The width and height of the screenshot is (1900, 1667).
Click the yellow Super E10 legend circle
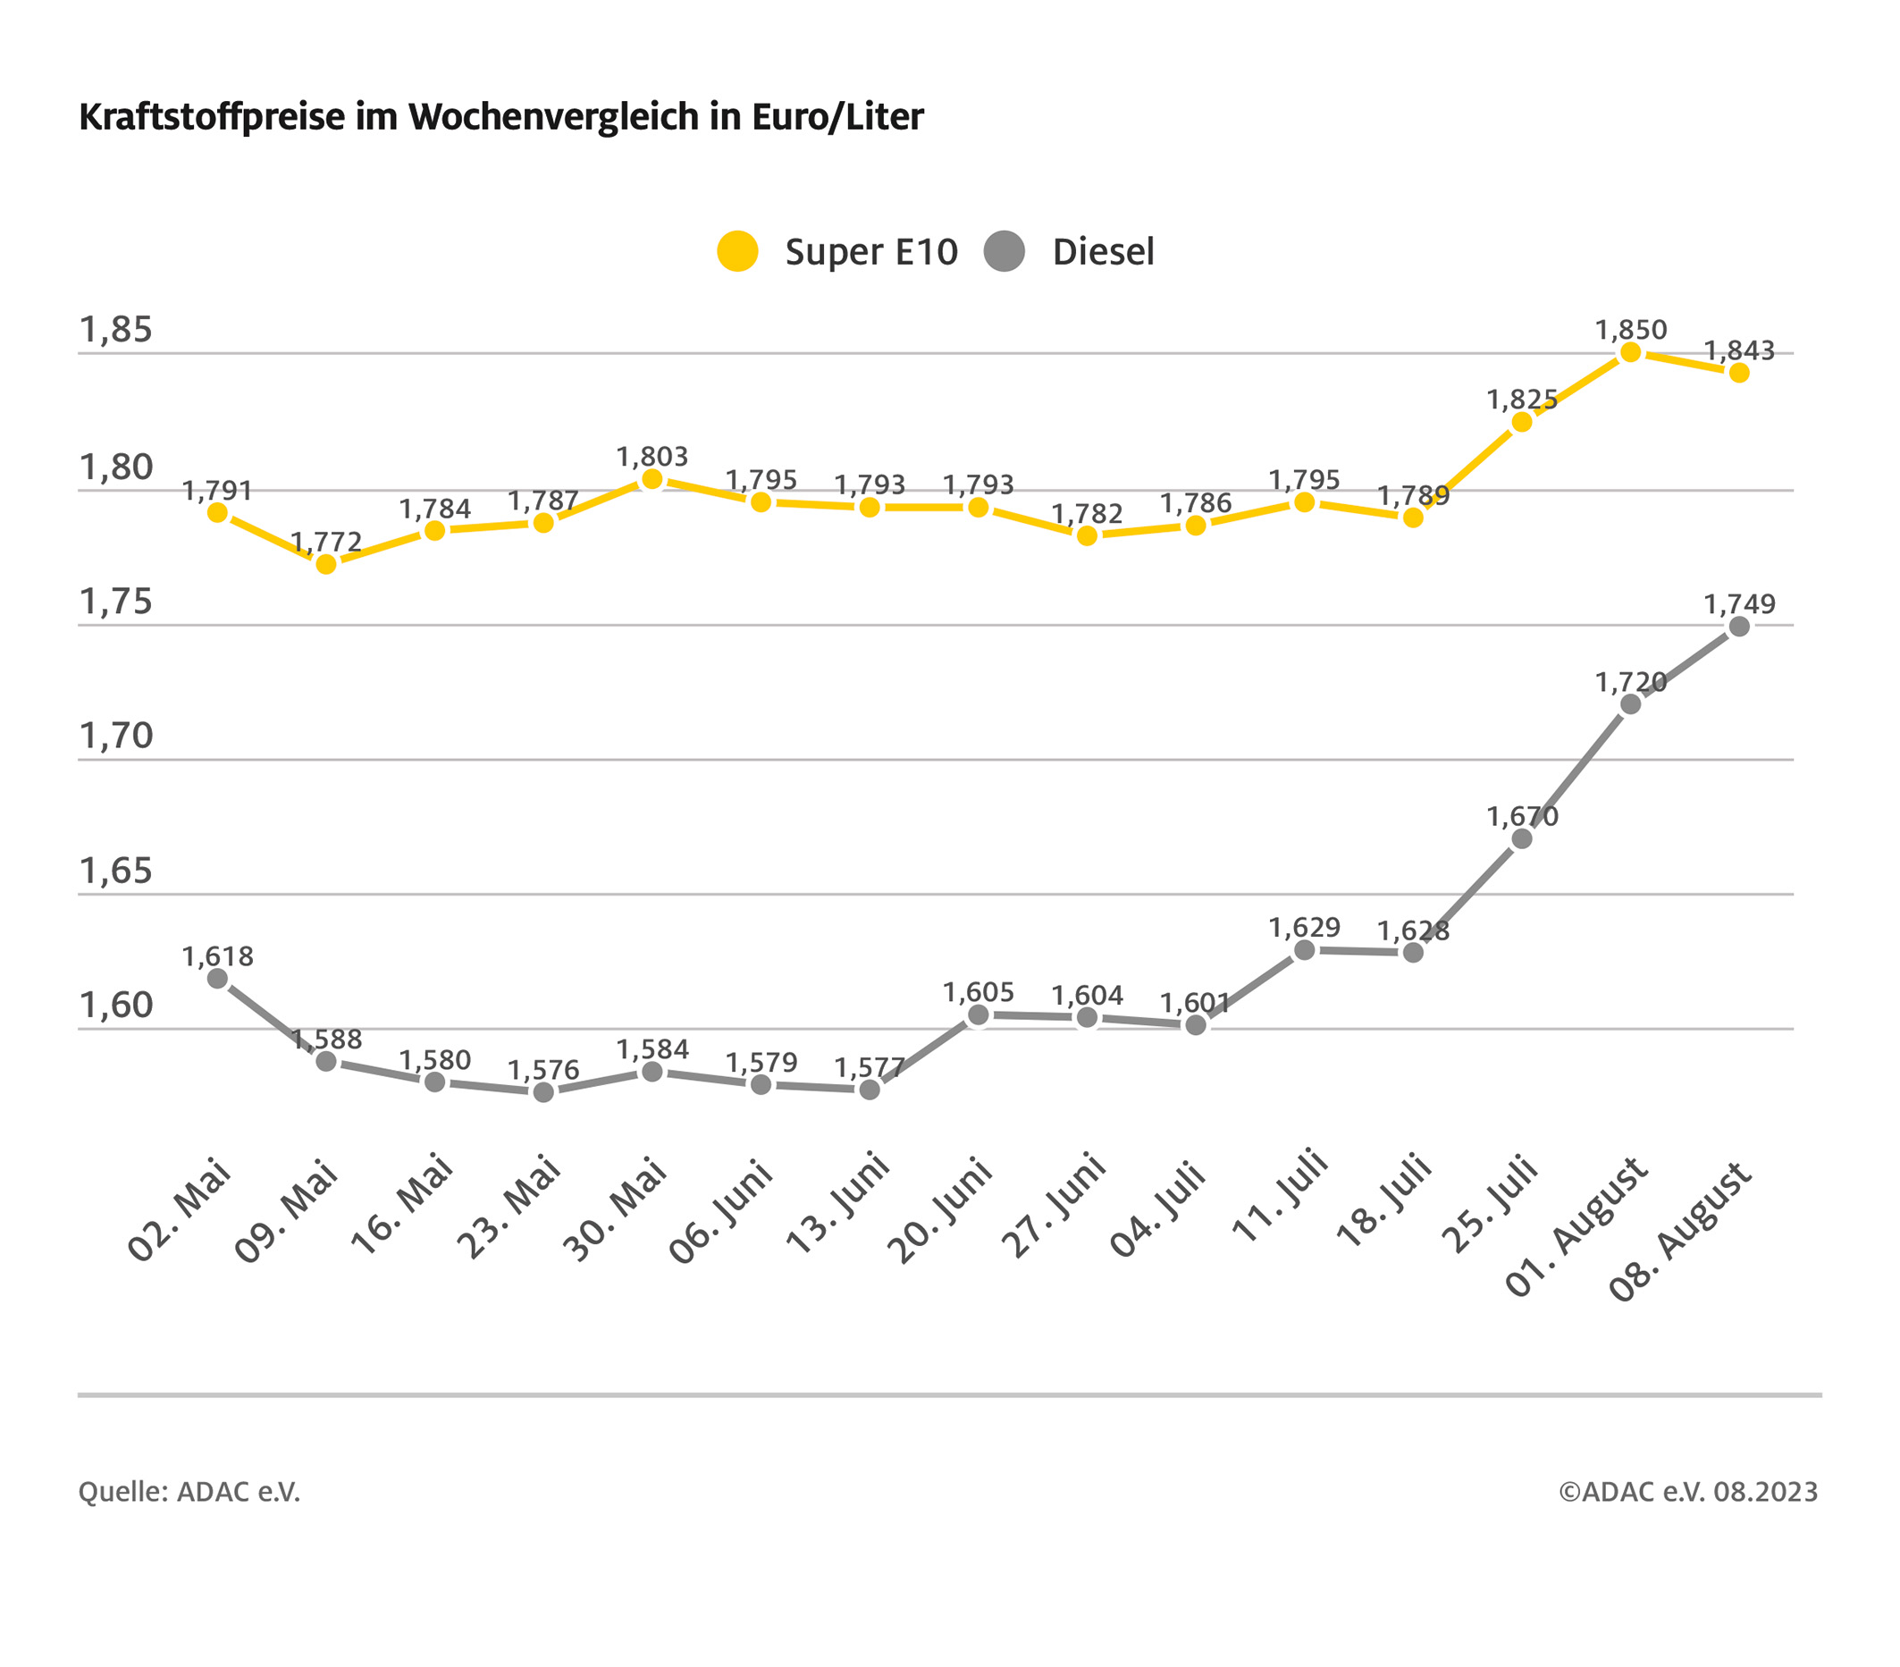[x=737, y=251]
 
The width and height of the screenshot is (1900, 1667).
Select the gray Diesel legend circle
[x=1004, y=251]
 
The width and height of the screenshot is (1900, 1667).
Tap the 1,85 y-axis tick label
[x=115, y=330]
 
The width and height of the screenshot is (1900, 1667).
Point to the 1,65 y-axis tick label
[x=115, y=871]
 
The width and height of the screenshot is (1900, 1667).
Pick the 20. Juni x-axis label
[x=941, y=1211]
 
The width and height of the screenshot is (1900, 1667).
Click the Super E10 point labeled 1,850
[x=1630, y=352]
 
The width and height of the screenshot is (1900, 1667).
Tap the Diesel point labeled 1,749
[x=1739, y=627]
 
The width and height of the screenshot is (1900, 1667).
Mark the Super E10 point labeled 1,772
[x=326, y=564]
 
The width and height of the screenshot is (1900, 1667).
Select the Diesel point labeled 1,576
[x=543, y=1092]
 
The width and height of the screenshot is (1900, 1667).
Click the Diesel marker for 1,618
[x=217, y=978]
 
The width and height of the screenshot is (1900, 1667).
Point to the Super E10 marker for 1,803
[x=652, y=480]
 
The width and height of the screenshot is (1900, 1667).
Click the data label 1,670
[x=1522, y=816]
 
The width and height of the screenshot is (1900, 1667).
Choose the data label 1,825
[x=1522, y=399]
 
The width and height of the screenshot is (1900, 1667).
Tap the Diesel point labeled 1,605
[x=978, y=1015]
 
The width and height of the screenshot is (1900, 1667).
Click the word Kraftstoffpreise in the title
[x=212, y=117]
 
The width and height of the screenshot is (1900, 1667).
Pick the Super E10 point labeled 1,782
[x=1087, y=536]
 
